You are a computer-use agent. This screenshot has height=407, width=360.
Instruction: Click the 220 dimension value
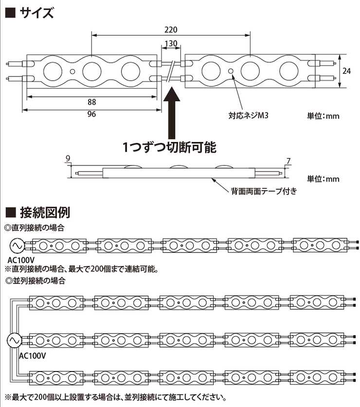coord(171,30)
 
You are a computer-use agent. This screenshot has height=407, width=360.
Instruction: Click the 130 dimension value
coord(171,43)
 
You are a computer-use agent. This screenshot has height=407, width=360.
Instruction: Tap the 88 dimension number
coord(91,102)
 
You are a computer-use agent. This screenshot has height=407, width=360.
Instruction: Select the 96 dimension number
coord(91,114)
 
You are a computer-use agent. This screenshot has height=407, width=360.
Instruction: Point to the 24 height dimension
coord(346,71)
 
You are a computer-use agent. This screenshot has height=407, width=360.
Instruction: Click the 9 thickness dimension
coord(68,159)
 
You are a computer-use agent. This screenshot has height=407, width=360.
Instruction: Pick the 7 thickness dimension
coord(288,161)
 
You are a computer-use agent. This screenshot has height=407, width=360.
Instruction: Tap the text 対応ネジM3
coord(248,115)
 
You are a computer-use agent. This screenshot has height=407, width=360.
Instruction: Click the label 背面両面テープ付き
coord(264,191)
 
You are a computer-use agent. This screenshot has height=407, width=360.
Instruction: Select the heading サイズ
coord(36,13)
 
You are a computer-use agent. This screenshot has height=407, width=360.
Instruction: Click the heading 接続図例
coord(45,212)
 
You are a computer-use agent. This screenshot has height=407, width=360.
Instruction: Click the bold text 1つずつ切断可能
coord(169,147)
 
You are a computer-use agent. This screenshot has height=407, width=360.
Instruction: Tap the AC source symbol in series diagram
coord(18,245)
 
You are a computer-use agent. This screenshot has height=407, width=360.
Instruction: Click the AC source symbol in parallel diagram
coord(14,340)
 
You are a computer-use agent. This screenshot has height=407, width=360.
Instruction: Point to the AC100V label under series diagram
coord(21,260)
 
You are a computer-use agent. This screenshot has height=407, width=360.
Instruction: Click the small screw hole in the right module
coord(231,71)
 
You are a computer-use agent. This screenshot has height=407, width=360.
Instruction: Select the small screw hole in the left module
coord(72,71)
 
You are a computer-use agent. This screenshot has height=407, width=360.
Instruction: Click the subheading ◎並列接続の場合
coord(35,281)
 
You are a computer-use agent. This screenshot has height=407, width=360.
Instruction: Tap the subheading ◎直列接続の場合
coord(35,228)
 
